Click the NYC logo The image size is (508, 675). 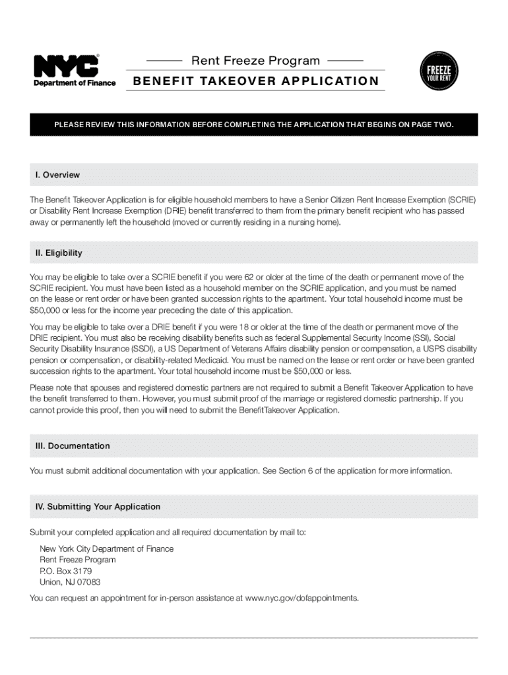(66, 65)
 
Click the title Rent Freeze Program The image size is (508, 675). (255, 61)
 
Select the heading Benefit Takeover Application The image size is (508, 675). (256, 81)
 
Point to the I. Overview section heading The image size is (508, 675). (57, 175)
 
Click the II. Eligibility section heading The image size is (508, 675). (59, 253)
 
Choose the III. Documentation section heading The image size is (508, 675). (73, 446)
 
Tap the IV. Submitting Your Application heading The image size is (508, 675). (98, 506)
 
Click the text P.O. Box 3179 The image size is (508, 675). (65, 571)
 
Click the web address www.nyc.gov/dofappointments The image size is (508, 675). (302, 598)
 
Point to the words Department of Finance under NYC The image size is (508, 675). (75, 83)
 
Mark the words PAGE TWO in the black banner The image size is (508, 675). (432, 124)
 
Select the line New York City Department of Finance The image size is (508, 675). (106, 548)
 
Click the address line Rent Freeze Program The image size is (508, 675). (78, 560)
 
